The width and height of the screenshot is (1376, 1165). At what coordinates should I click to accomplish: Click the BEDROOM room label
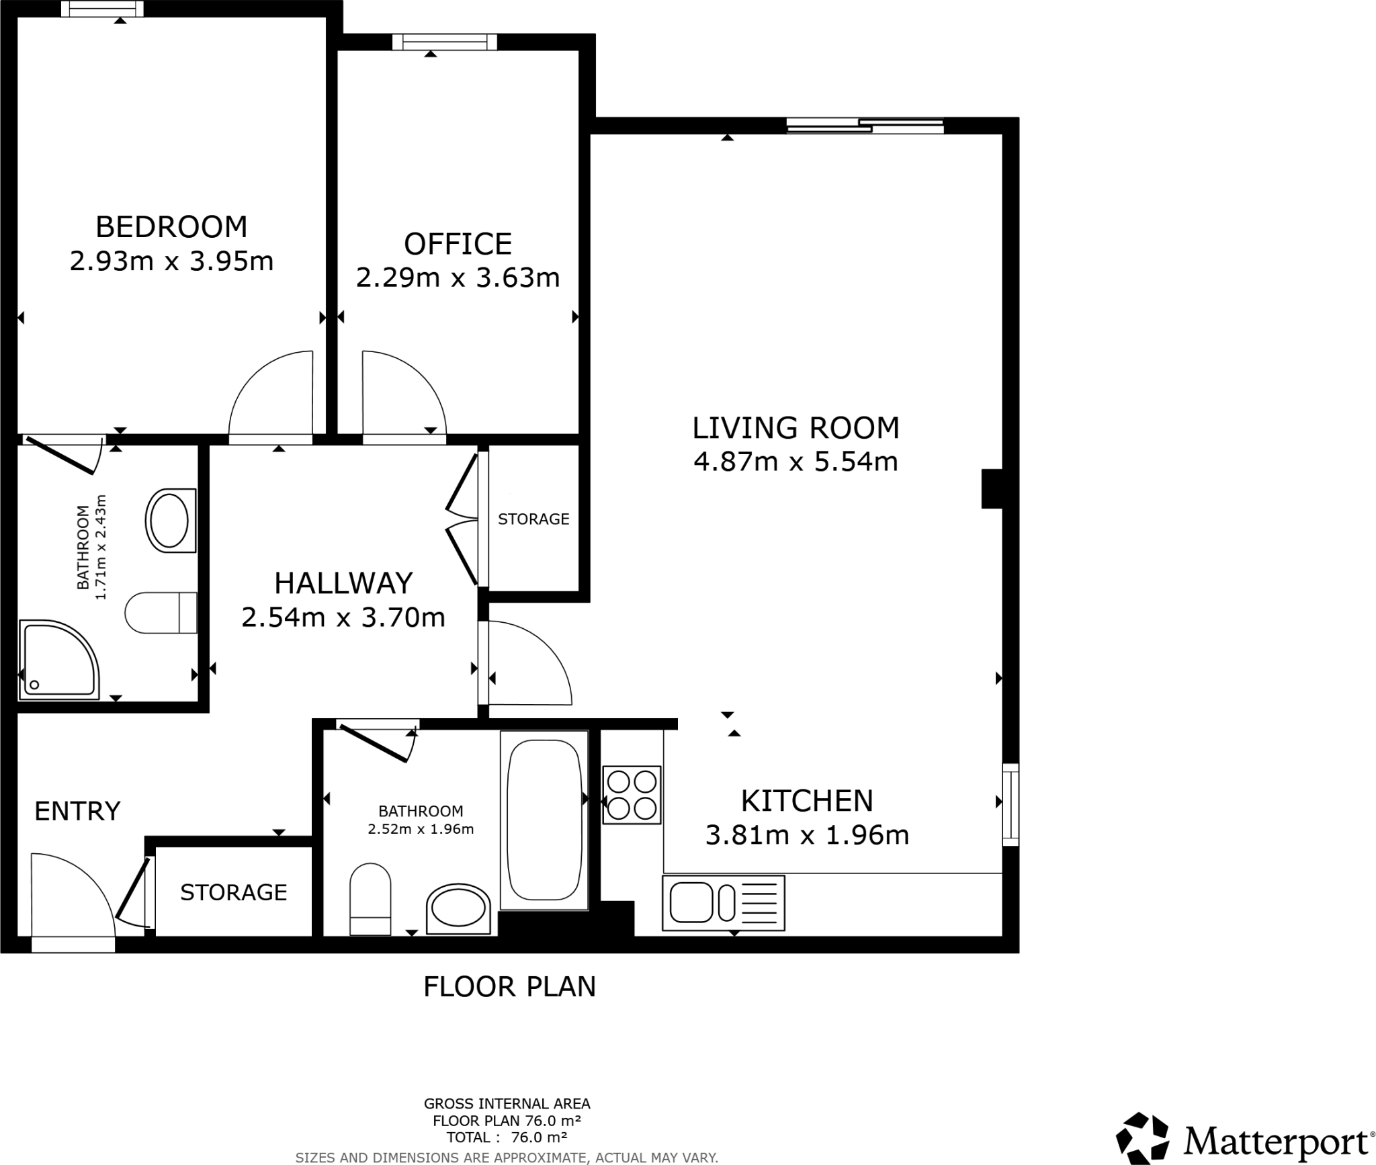tap(171, 227)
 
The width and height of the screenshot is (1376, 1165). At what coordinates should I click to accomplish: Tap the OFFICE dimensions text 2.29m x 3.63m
tap(458, 277)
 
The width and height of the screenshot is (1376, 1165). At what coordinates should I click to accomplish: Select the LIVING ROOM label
tap(795, 428)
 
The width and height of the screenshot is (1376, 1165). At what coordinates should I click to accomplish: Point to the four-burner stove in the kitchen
tap(632, 795)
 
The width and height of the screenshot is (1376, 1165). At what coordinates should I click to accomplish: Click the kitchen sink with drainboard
tap(723, 902)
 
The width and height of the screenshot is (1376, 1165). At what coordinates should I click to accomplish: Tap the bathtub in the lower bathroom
tap(544, 820)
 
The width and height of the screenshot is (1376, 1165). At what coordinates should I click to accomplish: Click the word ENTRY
tap(77, 812)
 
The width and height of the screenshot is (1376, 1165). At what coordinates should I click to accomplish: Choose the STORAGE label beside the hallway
tap(533, 519)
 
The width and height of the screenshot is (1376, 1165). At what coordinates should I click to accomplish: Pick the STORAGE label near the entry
tap(233, 892)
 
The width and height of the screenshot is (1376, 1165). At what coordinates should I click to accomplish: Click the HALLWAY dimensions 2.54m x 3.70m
tap(343, 617)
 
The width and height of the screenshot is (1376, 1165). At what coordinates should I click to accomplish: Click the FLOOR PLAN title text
tap(509, 986)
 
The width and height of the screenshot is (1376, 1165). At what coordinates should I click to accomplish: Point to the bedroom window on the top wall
tap(102, 9)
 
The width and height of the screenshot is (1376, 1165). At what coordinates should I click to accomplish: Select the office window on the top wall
tap(445, 42)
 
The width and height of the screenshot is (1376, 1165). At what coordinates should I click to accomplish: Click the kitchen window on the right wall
tap(1010, 804)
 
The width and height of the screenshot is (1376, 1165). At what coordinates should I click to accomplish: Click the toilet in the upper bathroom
tap(161, 612)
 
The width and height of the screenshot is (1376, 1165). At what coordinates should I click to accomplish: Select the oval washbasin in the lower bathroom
tap(458, 910)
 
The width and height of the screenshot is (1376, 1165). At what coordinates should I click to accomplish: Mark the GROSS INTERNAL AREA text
tap(507, 1103)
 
